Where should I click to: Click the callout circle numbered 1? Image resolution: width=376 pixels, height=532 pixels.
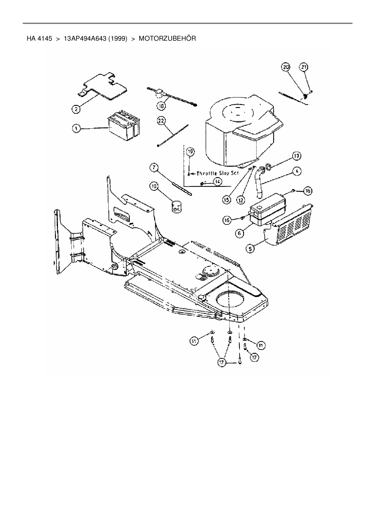point(76,129)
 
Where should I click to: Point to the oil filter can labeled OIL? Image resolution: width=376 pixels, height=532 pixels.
point(176,207)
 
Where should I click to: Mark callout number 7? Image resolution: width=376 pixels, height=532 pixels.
point(154,167)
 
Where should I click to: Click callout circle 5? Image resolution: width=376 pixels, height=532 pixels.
point(250,249)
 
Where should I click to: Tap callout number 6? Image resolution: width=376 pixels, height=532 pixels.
point(239,233)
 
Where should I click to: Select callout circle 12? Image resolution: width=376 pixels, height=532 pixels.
point(240,200)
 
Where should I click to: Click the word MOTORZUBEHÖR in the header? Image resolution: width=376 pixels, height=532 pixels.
point(167,39)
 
